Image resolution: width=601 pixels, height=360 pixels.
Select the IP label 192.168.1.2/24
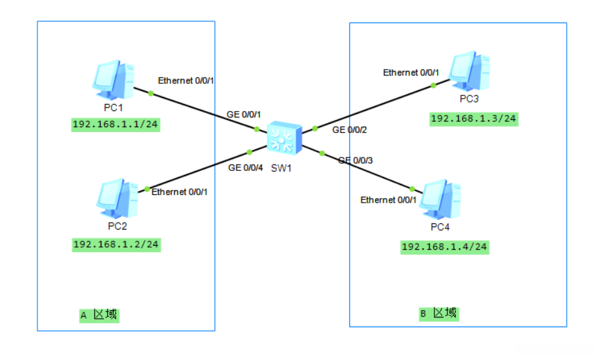coord(116,245)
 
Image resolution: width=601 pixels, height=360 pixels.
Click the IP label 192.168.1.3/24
coord(474,119)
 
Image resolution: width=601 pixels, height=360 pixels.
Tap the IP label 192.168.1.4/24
coord(445,247)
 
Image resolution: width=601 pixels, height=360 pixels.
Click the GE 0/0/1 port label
coord(243,114)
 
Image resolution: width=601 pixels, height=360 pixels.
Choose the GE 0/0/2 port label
coord(349,130)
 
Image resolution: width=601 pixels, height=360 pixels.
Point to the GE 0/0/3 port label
coord(356,160)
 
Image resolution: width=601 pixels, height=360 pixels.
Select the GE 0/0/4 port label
coord(245,168)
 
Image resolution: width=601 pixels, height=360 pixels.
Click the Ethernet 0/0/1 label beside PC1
coord(186,81)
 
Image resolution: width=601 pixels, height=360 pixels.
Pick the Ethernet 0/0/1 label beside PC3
coord(411,73)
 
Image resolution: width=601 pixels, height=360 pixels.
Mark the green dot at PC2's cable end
coord(147,189)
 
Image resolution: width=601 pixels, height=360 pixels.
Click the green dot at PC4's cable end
coord(420,191)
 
